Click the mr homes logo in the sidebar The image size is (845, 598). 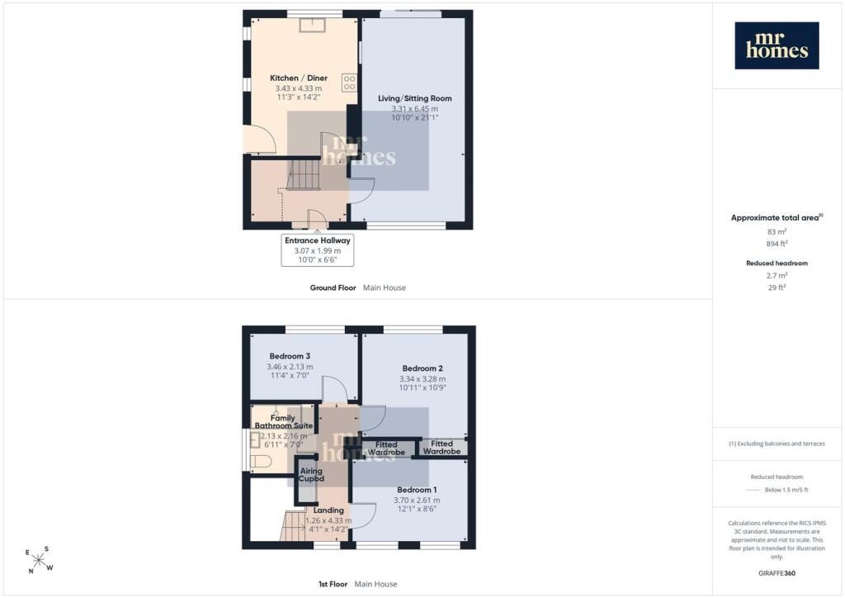[x=777, y=45]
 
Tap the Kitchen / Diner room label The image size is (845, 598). [x=299, y=78]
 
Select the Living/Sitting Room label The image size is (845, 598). [x=414, y=98]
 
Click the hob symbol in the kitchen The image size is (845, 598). [x=349, y=83]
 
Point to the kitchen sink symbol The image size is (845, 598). [x=313, y=25]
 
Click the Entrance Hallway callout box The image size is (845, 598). [x=318, y=249]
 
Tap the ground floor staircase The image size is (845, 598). [x=304, y=173]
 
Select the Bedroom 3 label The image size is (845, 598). [x=290, y=356]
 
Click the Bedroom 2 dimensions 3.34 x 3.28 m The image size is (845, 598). [x=422, y=379]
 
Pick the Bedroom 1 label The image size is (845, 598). [x=417, y=490]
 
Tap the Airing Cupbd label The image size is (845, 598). [x=311, y=474]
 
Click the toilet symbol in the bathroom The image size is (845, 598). [x=261, y=462]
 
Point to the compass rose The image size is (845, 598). [x=39, y=560]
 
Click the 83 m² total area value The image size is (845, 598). [x=777, y=232]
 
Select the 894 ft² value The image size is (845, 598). [x=777, y=244]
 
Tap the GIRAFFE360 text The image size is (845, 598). [x=777, y=573]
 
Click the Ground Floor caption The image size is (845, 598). [x=333, y=288]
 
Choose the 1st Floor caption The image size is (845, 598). [x=333, y=584]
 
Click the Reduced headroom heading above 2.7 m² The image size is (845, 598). [x=777, y=263]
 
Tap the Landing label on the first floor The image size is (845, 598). [x=328, y=510]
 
